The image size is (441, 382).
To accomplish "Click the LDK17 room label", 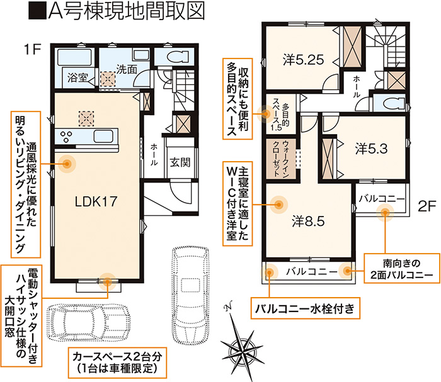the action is click(x=96, y=201).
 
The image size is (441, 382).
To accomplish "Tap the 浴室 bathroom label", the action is click(x=77, y=77).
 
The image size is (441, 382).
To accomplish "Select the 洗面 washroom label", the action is click(x=127, y=69).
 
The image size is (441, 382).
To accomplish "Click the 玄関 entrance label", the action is click(x=180, y=162).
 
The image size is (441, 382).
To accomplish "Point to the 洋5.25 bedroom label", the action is click(x=304, y=60).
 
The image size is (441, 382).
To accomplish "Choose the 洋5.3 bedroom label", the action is click(x=372, y=149).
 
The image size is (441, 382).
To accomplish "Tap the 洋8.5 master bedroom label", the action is click(x=308, y=222).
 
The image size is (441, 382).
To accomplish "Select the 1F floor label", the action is click(x=33, y=50).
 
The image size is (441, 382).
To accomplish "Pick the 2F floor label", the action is click(x=427, y=206).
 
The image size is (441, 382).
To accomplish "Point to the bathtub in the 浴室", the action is click(x=75, y=57).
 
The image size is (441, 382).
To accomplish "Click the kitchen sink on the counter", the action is click(x=103, y=137).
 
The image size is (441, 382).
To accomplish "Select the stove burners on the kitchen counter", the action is click(x=67, y=137).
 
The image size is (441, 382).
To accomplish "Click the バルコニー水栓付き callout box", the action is click(x=305, y=308).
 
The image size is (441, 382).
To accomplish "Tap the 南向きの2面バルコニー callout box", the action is click(x=402, y=268).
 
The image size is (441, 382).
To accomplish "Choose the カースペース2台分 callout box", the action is click(x=117, y=362).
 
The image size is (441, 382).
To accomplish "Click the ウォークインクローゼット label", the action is click(x=281, y=159).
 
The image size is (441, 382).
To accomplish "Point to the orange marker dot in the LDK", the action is click(x=67, y=163).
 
